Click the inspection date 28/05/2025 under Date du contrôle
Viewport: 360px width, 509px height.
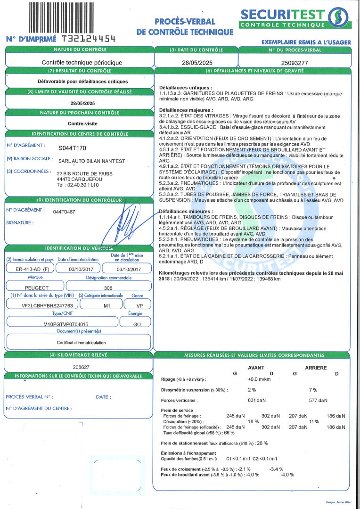(x=196, y=62)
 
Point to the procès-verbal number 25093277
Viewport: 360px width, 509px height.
(x=295, y=62)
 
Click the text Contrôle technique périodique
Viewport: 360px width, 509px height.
(x=82, y=62)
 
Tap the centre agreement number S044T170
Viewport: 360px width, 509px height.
(x=72, y=148)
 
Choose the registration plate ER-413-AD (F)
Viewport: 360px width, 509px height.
(x=29, y=269)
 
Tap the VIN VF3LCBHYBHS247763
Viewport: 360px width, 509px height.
(x=41, y=305)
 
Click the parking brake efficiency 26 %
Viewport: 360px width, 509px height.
(x=262, y=443)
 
